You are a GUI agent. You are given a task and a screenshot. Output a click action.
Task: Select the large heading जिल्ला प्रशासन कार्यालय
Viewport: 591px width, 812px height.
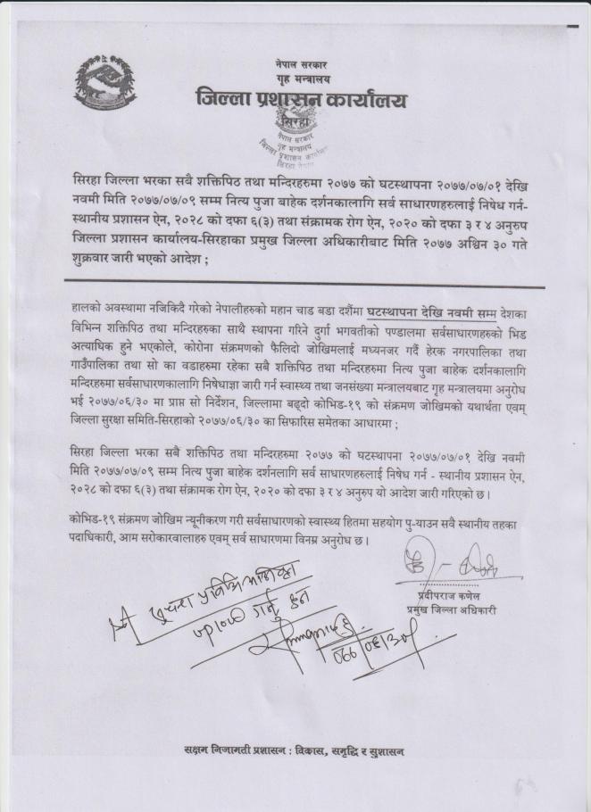(301, 101)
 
